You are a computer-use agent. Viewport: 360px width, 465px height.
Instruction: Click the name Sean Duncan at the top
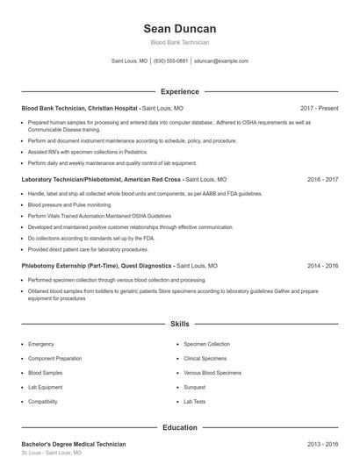click(179, 29)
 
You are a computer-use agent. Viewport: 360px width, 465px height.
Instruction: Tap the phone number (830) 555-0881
click(170, 61)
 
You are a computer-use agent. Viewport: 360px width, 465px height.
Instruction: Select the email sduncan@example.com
click(221, 61)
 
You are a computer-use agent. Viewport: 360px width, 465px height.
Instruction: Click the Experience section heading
click(179, 91)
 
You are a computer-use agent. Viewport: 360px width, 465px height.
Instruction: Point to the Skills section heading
click(179, 324)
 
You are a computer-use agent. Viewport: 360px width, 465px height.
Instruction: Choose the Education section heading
click(179, 427)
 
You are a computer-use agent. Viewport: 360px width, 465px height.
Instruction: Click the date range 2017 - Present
click(319, 108)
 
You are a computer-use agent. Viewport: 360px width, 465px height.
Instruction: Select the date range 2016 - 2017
click(323, 178)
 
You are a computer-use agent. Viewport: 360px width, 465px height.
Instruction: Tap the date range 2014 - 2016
click(323, 264)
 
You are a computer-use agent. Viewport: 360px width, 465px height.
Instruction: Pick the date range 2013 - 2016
click(323, 444)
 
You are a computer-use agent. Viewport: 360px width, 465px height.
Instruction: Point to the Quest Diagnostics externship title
click(97, 264)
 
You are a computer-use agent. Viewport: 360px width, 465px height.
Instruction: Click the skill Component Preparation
click(55, 359)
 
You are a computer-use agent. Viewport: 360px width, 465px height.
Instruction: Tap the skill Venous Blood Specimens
click(212, 373)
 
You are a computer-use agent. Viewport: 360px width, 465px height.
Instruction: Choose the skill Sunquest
click(195, 387)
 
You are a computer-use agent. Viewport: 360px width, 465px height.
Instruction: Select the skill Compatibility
click(43, 401)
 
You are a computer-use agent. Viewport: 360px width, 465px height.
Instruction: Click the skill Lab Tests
click(194, 401)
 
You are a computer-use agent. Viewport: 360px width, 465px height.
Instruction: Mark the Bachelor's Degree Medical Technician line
click(74, 444)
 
